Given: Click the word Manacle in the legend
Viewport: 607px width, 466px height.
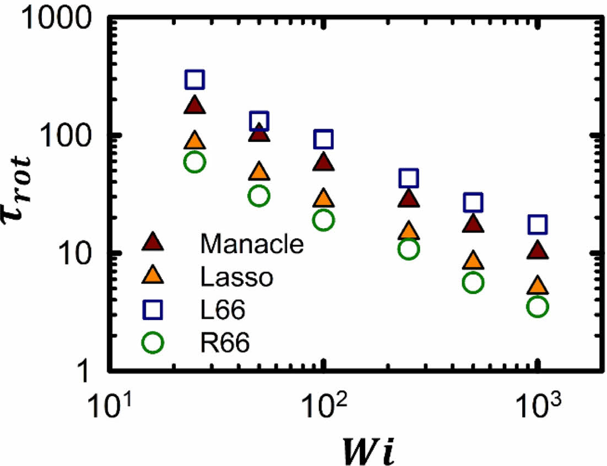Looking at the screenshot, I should click(x=252, y=244).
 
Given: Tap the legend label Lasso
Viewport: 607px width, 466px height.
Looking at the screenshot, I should click(x=237, y=278).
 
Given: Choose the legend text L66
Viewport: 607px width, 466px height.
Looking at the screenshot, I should click(x=223, y=311).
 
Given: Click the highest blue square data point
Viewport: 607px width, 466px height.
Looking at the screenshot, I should click(x=195, y=80).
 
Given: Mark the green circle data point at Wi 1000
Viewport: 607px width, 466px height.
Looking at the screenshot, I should click(x=537, y=306).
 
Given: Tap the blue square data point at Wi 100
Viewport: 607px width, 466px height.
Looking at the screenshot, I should click(x=323, y=139).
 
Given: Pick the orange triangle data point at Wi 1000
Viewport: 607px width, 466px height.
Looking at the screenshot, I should click(x=538, y=286).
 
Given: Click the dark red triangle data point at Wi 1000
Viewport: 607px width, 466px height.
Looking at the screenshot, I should click(x=538, y=251).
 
